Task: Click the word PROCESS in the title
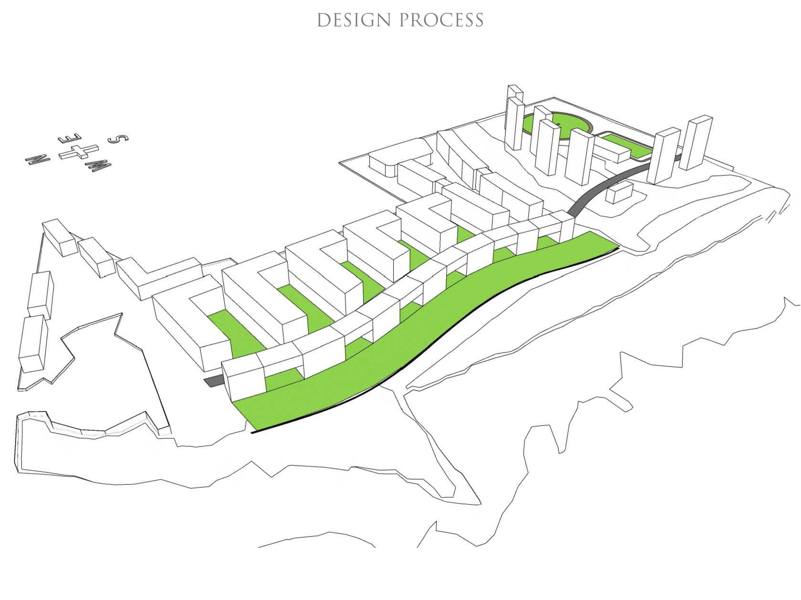[442, 20]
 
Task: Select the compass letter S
[118, 139]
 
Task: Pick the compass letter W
[98, 165]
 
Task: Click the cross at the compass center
[79, 152]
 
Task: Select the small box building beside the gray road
[619, 192]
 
